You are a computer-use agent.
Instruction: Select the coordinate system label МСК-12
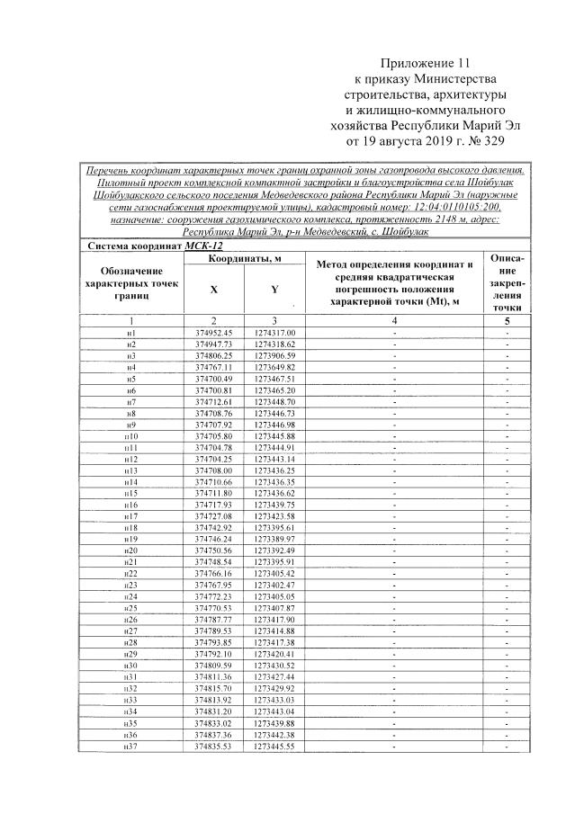pyautogui.click(x=203, y=246)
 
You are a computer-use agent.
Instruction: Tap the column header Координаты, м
pyautogui.click(x=246, y=260)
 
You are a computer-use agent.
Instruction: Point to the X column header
pyautogui.click(x=213, y=290)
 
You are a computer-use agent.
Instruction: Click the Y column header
pyautogui.click(x=274, y=290)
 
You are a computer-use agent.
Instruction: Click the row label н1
pyautogui.click(x=131, y=333)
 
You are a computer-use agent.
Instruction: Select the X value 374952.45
pyautogui.click(x=214, y=333)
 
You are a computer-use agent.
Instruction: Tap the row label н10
pyautogui.click(x=131, y=436)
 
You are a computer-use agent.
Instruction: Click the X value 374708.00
pyautogui.click(x=214, y=470)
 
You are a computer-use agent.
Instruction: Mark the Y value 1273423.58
pyautogui.click(x=275, y=516)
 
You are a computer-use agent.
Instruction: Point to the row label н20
pyautogui.click(x=131, y=550)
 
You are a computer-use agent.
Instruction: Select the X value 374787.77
pyautogui.click(x=214, y=620)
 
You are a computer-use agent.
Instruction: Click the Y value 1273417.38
pyautogui.click(x=275, y=642)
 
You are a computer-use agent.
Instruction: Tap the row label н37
pyautogui.click(x=131, y=747)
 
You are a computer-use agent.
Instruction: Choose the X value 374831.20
pyautogui.click(x=214, y=711)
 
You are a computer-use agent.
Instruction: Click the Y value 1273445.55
pyautogui.click(x=275, y=747)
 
